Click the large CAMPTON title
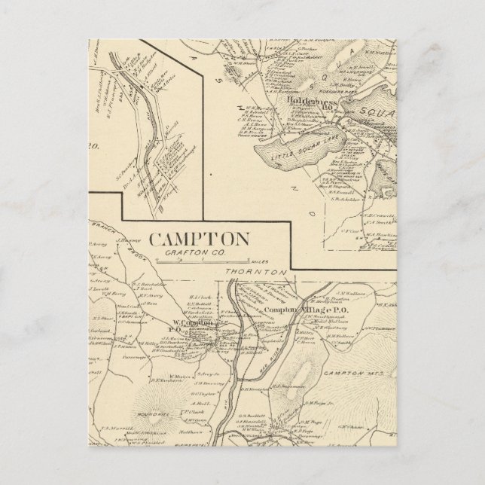[199, 239]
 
